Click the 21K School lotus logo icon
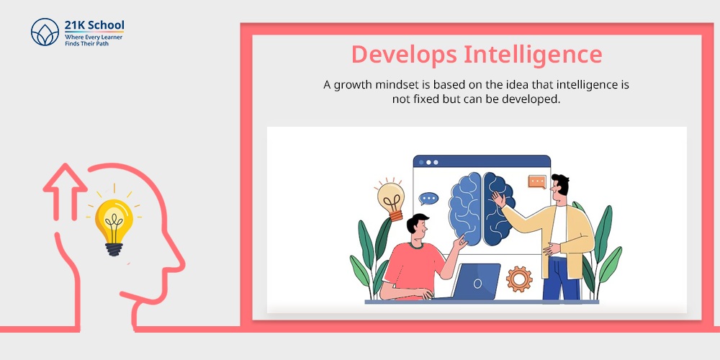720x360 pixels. pos(45,32)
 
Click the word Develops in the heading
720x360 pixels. pos(404,55)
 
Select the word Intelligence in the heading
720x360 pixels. pos(533,55)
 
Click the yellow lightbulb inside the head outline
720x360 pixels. pos(114,225)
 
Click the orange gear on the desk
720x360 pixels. pos(519,279)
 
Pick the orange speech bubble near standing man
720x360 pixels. pos(537,182)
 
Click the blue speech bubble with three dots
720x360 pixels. pos(428,199)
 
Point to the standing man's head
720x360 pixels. pos(559,188)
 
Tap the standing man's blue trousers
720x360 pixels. pos(561,279)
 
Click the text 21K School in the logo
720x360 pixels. pos(94,25)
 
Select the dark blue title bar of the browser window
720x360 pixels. pos(482,161)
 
